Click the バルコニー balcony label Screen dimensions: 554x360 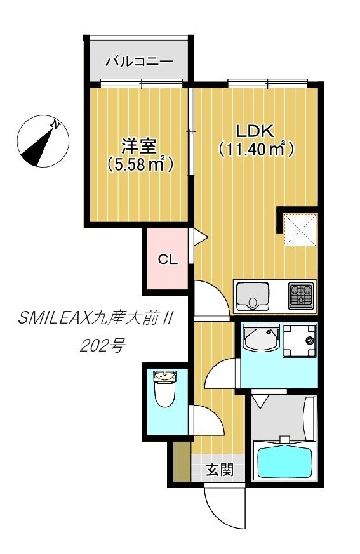[138, 62]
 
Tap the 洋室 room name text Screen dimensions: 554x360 [139, 147]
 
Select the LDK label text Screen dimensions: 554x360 [254, 131]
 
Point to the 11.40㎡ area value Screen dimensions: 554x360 [255, 150]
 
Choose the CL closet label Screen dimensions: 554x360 [168, 260]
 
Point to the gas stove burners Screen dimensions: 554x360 [301, 296]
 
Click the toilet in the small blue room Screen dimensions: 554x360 [164, 392]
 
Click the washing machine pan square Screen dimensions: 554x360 [299, 341]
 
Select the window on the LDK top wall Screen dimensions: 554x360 [267, 82]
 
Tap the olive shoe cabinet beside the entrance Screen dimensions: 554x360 [181, 461]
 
